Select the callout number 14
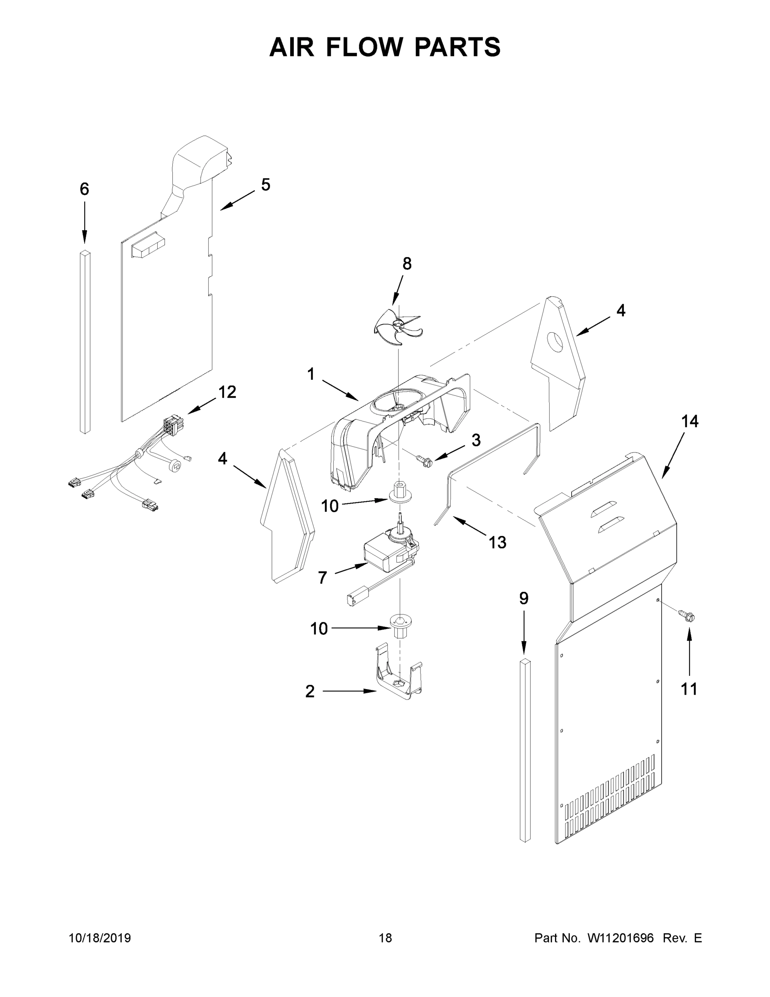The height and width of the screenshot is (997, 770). [689, 421]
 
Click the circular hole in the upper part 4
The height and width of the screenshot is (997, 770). [556, 342]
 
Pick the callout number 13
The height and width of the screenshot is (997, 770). [497, 542]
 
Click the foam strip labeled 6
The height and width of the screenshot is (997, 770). [85, 342]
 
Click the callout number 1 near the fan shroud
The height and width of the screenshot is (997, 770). [310, 374]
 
